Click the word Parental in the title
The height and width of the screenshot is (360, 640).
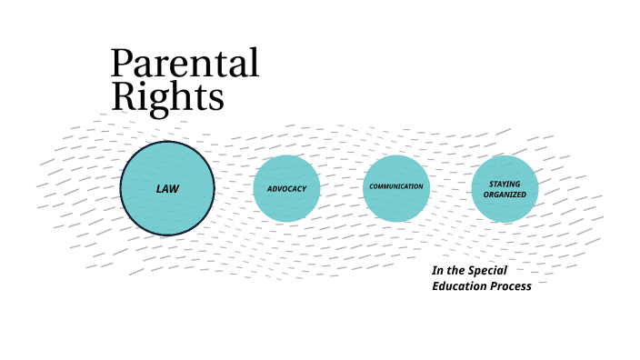[185, 65]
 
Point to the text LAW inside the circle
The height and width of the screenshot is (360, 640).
[167, 189]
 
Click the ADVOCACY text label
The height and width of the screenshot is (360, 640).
[286, 189]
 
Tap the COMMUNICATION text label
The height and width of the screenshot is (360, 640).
[396, 186]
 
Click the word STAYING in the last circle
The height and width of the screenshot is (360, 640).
[505, 184]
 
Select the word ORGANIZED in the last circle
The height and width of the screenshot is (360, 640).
[505, 194]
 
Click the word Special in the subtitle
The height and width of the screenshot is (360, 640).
[488, 271]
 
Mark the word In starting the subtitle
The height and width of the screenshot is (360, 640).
[436, 271]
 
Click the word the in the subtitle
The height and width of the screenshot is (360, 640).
[456, 271]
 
